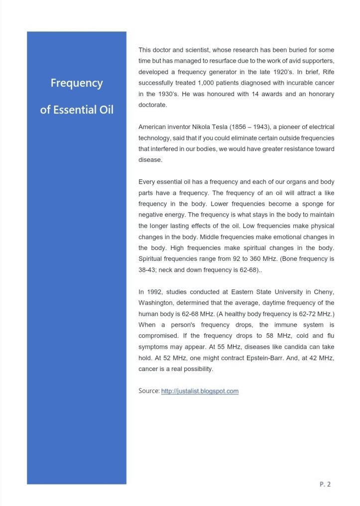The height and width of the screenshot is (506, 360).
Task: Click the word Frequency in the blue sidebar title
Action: pyautogui.click(x=77, y=83)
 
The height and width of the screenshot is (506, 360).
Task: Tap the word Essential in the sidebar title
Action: pyautogui.click(x=74, y=110)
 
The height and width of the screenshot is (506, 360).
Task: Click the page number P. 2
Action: pyautogui.click(x=325, y=484)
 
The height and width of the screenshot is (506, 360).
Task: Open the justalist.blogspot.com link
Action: pyautogui.click(x=200, y=391)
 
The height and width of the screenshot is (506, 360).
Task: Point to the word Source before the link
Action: pyautogui.click(x=149, y=391)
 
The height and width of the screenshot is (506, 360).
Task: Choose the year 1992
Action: pyautogui.click(x=154, y=292)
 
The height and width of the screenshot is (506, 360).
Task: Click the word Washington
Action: pyautogui.click(x=159, y=303)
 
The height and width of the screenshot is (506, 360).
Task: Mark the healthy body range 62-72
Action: pyautogui.click(x=292, y=314)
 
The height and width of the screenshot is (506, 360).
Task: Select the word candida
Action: pyautogui.click(x=287, y=347)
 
